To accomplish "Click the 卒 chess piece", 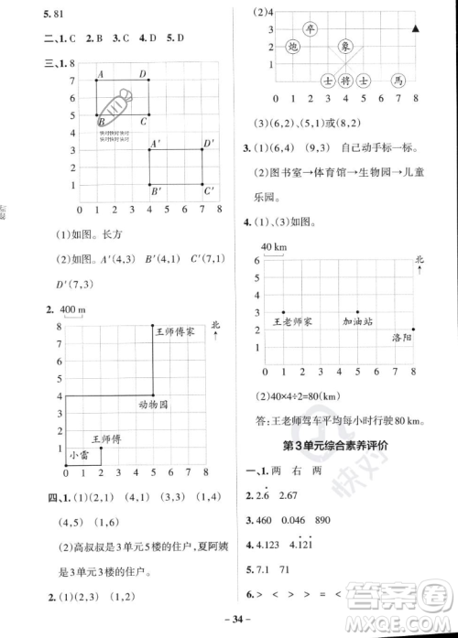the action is tap(311, 28).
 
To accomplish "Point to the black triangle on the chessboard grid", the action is tap(416, 29).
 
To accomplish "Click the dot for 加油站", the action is tap(357, 312).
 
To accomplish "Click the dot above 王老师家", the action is tap(284, 312).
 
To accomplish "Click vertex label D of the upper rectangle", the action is tap(142, 73).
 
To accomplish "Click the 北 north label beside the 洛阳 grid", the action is tap(420, 260).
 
